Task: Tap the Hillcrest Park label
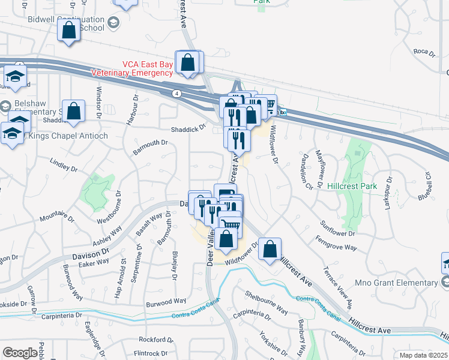pyautogui.click(x=352, y=186)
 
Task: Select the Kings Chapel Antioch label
pyautogui.click(x=68, y=136)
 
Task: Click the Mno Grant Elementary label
pyautogui.click(x=397, y=283)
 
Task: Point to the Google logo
pyautogui.click(x=20, y=353)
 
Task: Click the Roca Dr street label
pyautogui.click(x=424, y=52)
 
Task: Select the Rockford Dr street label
pyautogui.click(x=151, y=340)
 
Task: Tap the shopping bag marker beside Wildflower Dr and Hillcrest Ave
pyautogui.click(x=271, y=248)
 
